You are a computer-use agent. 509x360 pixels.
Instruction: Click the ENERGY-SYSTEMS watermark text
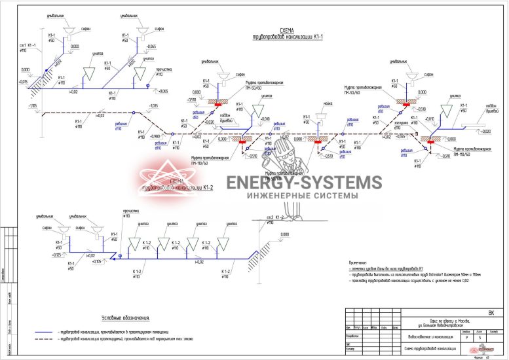[x=303, y=183]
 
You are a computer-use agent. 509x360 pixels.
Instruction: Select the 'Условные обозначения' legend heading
[x=125, y=317]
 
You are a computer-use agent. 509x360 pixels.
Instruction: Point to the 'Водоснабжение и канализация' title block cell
[x=426, y=336]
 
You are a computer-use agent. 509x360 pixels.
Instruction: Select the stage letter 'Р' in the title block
[x=466, y=336]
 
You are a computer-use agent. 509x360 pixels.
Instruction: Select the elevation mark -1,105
[x=31, y=105]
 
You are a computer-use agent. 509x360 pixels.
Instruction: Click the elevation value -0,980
[x=155, y=136]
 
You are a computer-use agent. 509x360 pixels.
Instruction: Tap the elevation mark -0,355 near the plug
[x=400, y=137]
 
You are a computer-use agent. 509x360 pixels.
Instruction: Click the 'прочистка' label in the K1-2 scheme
[x=131, y=212]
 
